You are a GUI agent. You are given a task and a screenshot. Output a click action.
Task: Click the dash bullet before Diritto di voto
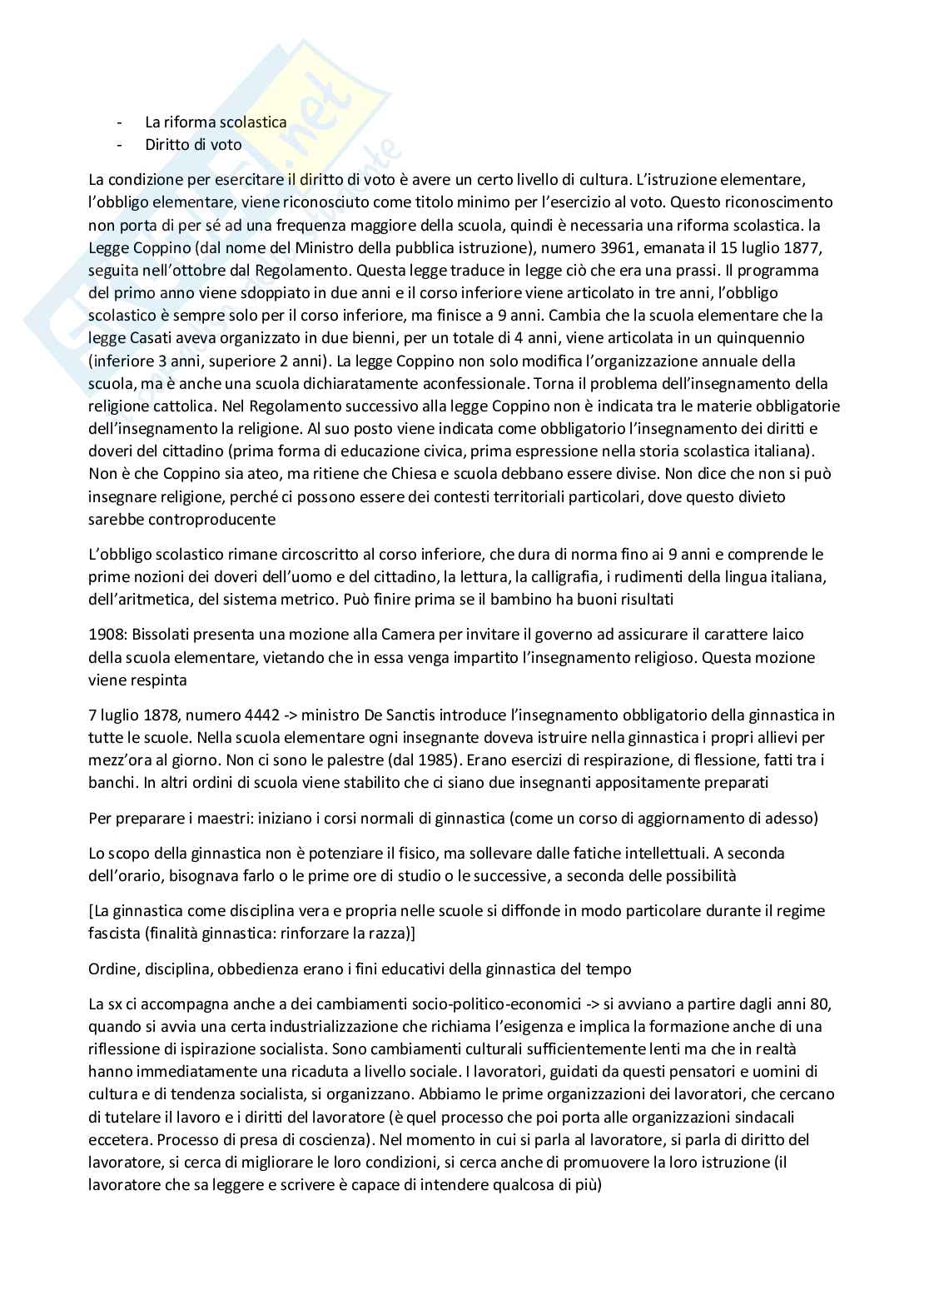pyautogui.click(x=122, y=144)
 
